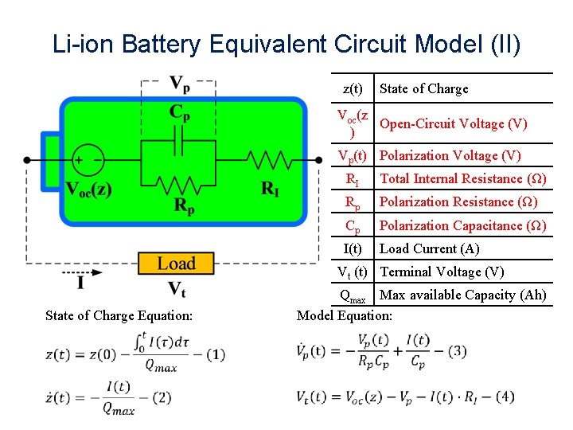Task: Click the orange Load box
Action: [176, 264]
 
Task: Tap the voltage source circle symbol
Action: [87, 160]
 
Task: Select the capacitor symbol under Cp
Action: [180, 143]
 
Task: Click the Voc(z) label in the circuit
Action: [89, 190]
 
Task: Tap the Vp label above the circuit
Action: [180, 83]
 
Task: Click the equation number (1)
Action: [214, 354]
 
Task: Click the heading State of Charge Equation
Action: [119, 316]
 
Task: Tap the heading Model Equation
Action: [344, 316]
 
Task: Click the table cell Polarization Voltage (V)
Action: [450, 156]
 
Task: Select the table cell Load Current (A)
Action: [430, 248]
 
